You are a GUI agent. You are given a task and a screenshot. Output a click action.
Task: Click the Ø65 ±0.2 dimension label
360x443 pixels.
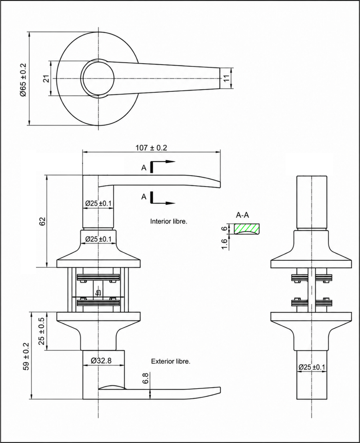pyautogui.click(x=23, y=80)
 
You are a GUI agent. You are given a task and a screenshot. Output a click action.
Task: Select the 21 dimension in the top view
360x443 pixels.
pyautogui.click(x=46, y=78)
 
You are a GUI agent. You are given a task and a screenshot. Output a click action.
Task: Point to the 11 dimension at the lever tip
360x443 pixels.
pyautogui.click(x=227, y=78)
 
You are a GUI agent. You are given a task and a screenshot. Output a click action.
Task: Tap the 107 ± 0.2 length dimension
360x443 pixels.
pyautogui.click(x=151, y=148)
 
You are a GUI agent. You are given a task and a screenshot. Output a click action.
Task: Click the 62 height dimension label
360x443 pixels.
pyautogui.click(x=42, y=221)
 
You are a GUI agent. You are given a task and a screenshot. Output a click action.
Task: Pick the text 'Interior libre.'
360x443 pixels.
pyautogui.click(x=169, y=221)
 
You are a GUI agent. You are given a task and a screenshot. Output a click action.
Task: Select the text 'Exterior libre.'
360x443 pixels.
pyautogui.click(x=171, y=361)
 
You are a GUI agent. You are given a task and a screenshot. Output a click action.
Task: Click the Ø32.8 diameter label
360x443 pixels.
pyautogui.click(x=101, y=361)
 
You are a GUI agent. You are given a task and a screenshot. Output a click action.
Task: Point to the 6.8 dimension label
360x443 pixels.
pyautogui.click(x=146, y=378)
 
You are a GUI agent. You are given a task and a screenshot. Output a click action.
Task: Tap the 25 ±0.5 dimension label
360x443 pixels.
pyautogui.click(x=42, y=331)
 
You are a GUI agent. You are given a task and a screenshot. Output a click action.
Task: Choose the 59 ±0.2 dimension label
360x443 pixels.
pyautogui.click(x=26, y=356)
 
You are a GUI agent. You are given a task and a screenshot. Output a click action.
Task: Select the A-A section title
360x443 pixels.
pyautogui.click(x=242, y=215)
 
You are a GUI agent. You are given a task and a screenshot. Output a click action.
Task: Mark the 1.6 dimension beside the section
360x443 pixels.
pyautogui.click(x=224, y=244)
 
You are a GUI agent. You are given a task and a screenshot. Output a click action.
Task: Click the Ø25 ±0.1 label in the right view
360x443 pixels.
pyautogui.click(x=312, y=367)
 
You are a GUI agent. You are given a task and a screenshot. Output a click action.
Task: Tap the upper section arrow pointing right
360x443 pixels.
pyautogui.click(x=163, y=162)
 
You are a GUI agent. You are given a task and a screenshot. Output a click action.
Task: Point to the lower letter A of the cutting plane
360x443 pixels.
pyautogui.click(x=144, y=196)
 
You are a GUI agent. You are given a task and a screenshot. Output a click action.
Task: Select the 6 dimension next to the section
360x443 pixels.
pyautogui.click(x=224, y=229)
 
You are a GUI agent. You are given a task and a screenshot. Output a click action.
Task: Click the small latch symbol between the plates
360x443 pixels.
pyautogui.click(x=98, y=293)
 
